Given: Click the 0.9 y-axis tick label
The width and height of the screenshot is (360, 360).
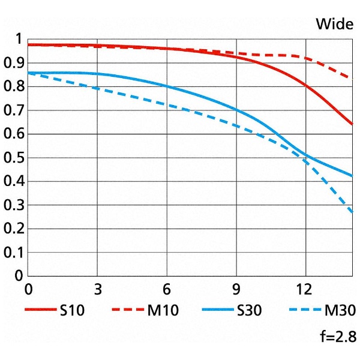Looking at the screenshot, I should (12, 63).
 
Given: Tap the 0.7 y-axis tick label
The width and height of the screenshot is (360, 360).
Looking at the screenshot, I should (12, 110).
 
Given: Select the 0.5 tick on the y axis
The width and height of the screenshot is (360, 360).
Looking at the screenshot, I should (12, 158).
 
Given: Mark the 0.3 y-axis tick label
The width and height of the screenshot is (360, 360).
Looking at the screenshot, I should (12, 205).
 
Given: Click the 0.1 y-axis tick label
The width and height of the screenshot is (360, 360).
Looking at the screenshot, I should (12, 253).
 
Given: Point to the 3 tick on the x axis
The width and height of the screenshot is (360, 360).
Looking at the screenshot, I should (98, 289).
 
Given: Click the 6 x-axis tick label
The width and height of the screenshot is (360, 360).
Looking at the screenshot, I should (167, 289).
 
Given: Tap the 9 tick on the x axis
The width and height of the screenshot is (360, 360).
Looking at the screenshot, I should (236, 289).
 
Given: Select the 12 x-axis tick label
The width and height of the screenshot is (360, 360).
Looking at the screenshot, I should (306, 289).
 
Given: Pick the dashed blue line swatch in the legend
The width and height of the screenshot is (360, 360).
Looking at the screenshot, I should (304, 310).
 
